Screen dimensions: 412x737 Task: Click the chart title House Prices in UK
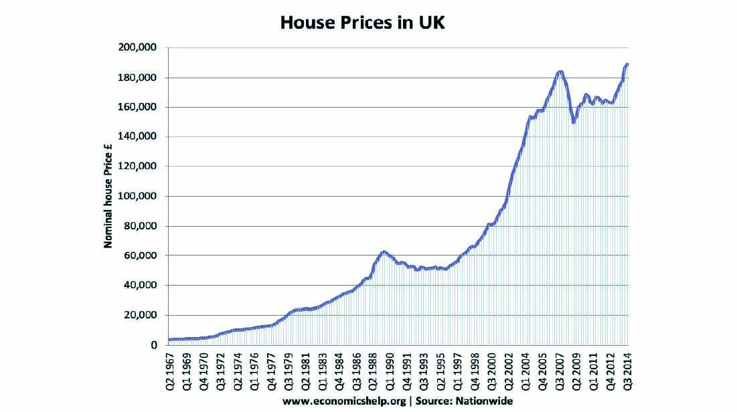362,23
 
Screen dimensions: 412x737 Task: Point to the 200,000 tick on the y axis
139,48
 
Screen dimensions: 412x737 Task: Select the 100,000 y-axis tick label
139,197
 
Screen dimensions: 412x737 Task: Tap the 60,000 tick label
141,255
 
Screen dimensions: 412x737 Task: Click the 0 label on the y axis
153,344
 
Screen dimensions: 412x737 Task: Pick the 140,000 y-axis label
139,137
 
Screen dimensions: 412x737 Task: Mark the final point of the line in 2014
627,64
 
